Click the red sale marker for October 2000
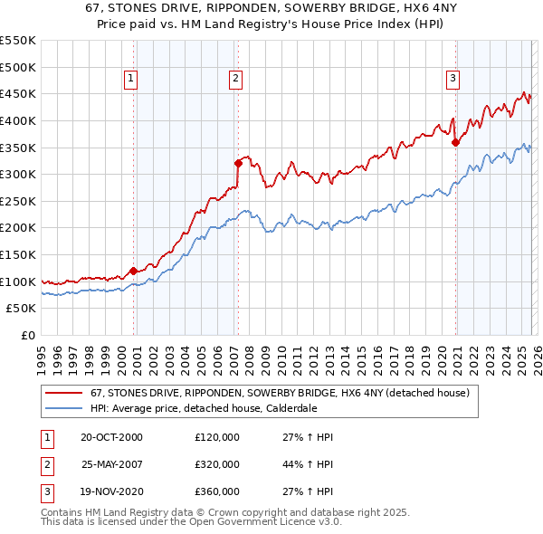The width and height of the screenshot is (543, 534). (x=133, y=271)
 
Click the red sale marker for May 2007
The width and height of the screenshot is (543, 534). (x=238, y=164)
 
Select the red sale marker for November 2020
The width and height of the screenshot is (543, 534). (x=455, y=142)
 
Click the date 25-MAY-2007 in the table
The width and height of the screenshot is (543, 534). (x=112, y=464)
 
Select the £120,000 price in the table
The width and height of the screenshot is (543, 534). (x=217, y=437)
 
